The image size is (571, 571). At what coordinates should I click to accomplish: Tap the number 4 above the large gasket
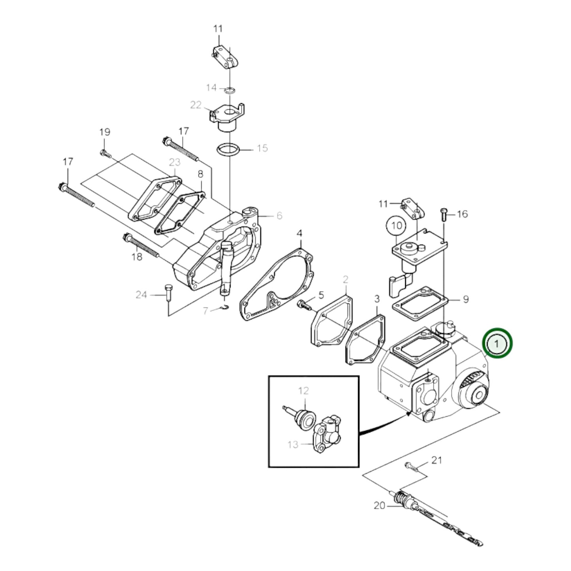coord(299,233)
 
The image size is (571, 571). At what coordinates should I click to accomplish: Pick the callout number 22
coord(196,105)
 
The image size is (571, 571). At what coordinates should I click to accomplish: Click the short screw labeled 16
coord(444,214)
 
